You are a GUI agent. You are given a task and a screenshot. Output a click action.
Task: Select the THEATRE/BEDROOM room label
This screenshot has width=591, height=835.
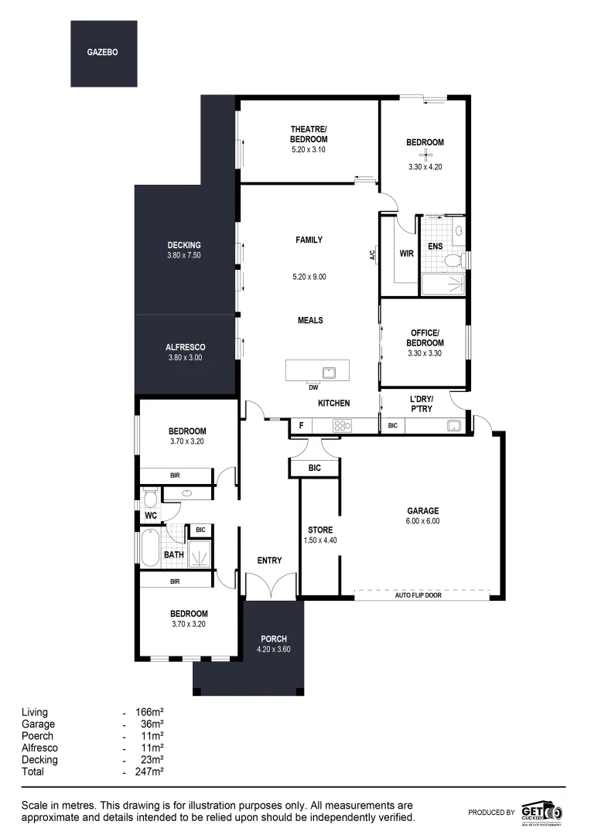[x=309, y=134]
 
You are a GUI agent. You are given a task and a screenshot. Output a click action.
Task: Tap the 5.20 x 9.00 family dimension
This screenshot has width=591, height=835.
[x=309, y=276]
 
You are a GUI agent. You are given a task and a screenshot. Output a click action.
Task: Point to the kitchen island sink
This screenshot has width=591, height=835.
[x=330, y=372]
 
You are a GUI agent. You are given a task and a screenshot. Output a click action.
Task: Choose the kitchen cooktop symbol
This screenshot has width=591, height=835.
[x=342, y=424]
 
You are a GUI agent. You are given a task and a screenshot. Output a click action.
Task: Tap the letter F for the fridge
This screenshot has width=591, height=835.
[x=301, y=424]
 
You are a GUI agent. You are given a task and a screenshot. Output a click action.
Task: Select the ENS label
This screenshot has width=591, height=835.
[x=436, y=247]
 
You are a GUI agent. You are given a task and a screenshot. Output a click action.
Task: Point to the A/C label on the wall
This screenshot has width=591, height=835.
[x=373, y=254]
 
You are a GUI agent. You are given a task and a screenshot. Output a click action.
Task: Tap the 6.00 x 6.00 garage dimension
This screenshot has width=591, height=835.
[x=423, y=521]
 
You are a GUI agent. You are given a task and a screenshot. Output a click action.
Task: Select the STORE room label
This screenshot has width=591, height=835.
[x=320, y=530]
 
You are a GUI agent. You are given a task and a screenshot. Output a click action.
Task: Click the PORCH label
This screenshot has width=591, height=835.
[x=274, y=639]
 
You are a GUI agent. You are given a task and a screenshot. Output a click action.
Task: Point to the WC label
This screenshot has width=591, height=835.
[x=151, y=516]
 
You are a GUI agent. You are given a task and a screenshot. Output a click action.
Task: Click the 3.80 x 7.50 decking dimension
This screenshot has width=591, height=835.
[x=184, y=255]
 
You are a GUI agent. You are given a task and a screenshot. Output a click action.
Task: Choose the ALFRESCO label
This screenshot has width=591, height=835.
[x=184, y=347]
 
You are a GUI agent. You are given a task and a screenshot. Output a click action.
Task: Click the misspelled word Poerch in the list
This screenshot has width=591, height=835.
[x=38, y=736]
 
